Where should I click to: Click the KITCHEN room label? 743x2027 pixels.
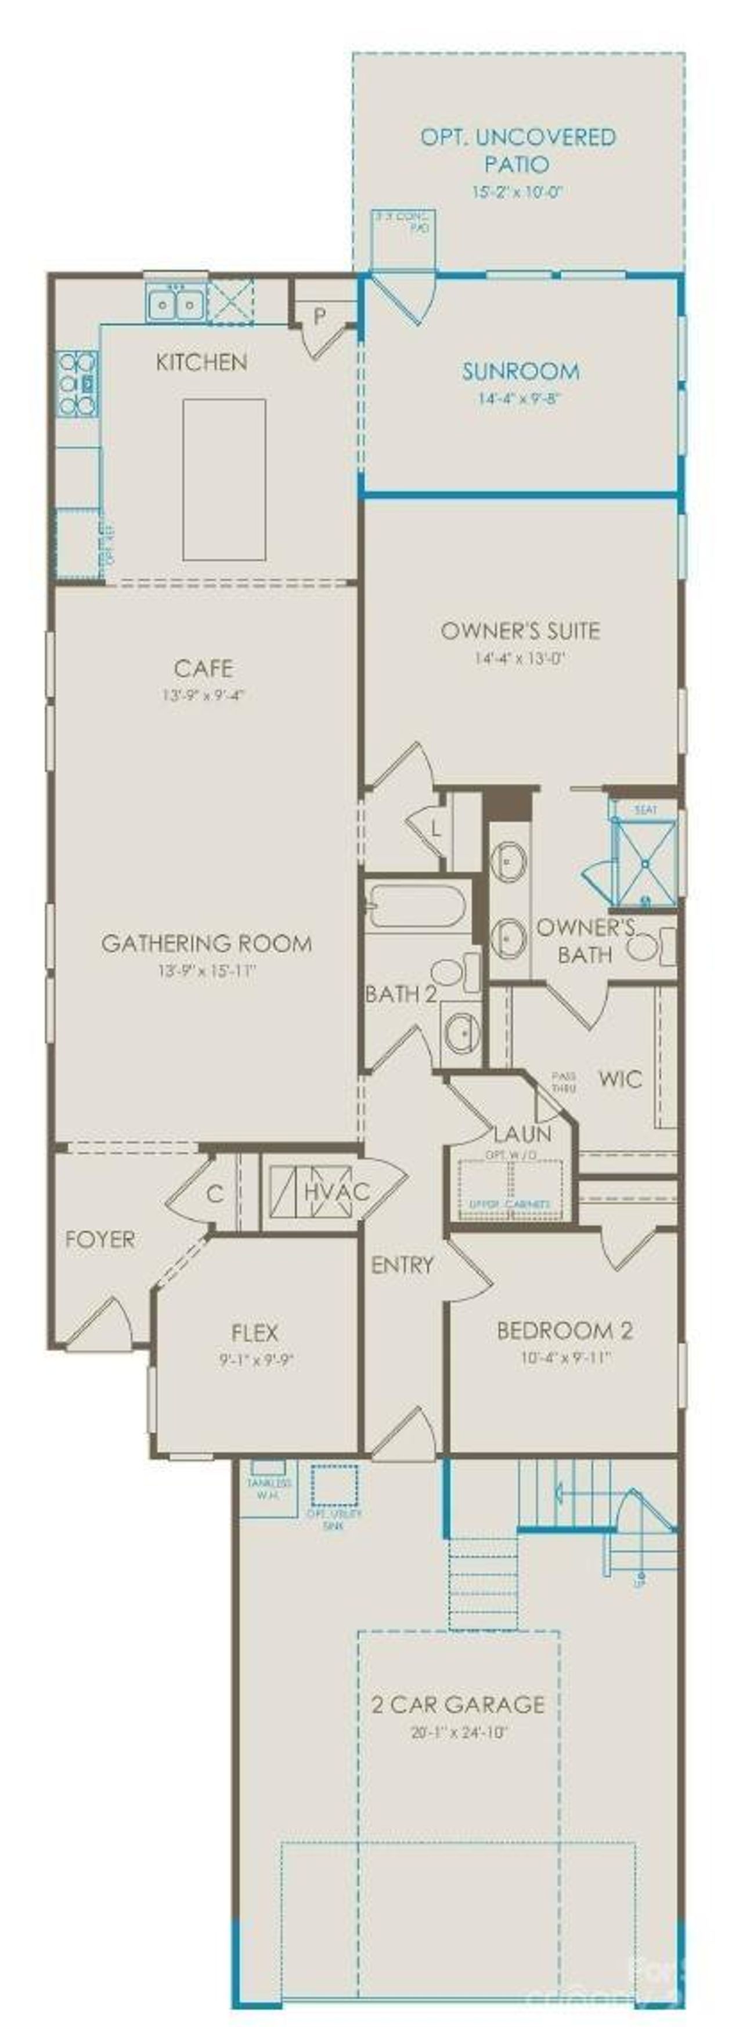(x=201, y=362)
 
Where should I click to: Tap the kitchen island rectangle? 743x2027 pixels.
(x=224, y=479)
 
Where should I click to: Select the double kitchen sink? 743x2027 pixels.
(x=175, y=304)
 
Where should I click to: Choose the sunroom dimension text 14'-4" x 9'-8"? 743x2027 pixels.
(x=520, y=398)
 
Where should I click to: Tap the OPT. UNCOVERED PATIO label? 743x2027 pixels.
(x=517, y=150)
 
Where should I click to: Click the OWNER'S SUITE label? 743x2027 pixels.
(x=520, y=630)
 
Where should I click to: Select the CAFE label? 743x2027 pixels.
(x=204, y=668)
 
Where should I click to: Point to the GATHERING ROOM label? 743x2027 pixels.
(x=206, y=943)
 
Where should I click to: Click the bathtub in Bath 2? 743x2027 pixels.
(x=415, y=907)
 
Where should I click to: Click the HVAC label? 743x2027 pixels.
(x=336, y=1191)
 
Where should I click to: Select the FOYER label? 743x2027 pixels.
(x=100, y=1239)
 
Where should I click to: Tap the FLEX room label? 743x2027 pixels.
(x=255, y=1332)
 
